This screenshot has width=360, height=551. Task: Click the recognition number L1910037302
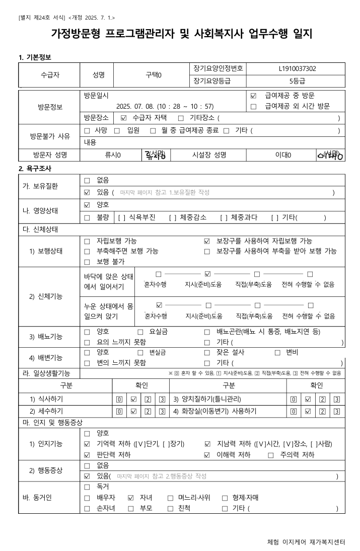tap(297, 69)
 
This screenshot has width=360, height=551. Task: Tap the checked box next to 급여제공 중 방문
tap(253, 96)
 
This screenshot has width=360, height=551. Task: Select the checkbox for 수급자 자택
tap(124, 118)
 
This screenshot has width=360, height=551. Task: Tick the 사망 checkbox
tap(87, 130)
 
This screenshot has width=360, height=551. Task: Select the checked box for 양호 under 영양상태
tap(87, 205)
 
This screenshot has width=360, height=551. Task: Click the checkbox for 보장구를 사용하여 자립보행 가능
tap(207, 242)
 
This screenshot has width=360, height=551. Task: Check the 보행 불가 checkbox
tap(87, 262)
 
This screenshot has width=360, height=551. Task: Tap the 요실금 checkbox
tap(140, 332)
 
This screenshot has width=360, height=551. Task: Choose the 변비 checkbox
tap(277, 352)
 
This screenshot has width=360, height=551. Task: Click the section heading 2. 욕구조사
tap(35, 169)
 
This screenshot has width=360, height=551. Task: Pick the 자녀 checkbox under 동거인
tap(131, 498)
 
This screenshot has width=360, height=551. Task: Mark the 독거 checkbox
tap(87, 487)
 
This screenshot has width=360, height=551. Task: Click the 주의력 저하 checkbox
tap(271, 455)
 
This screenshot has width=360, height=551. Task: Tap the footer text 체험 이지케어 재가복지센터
tap(306, 542)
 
